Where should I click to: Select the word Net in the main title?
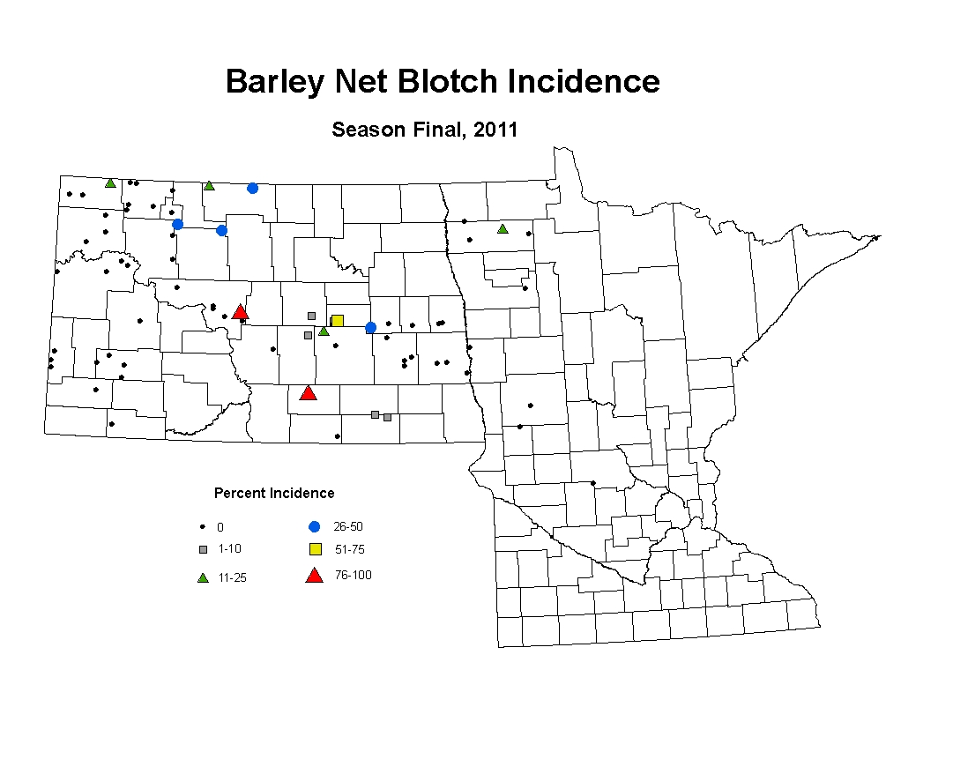click(x=361, y=81)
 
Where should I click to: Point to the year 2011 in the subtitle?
click(x=495, y=130)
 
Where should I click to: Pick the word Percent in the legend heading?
click(x=240, y=493)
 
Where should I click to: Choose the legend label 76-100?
click(x=354, y=575)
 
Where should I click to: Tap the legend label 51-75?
click(x=350, y=549)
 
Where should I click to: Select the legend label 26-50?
click(x=348, y=526)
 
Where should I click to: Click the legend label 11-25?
click(x=233, y=577)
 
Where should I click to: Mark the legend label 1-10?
click(x=230, y=548)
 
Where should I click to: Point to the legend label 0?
click(x=220, y=527)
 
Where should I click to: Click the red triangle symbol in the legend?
click(x=314, y=576)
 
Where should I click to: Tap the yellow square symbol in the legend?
click(x=316, y=549)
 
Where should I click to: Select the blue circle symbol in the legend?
click(x=314, y=527)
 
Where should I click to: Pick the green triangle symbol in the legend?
click(x=203, y=577)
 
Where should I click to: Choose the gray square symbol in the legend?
click(x=204, y=549)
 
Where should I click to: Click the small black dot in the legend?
click(x=203, y=527)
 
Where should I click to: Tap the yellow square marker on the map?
click(x=338, y=320)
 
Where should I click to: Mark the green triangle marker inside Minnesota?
click(x=503, y=229)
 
